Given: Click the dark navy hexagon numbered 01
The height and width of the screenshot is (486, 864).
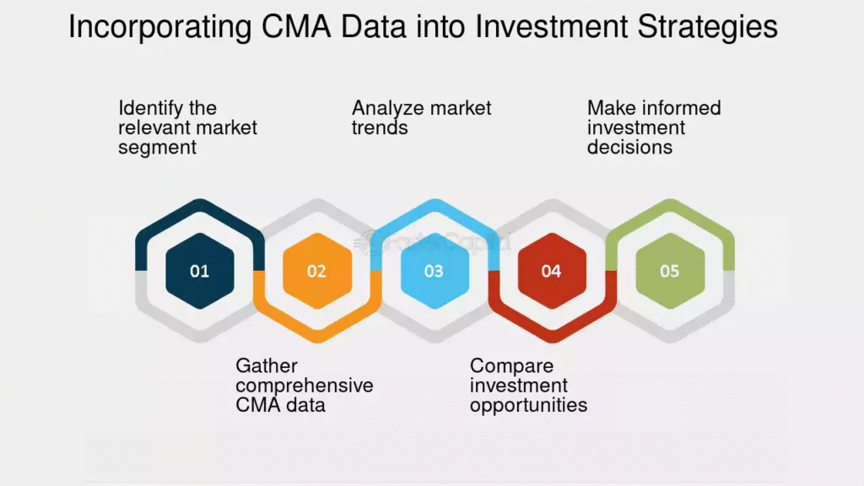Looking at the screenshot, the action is (x=199, y=271).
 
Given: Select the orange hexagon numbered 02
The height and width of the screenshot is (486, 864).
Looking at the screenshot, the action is (x=317, y=271).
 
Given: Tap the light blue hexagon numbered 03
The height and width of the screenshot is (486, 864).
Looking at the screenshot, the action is (x=435, y=271).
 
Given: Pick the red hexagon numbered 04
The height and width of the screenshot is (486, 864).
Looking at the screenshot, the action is (x=552, y=271).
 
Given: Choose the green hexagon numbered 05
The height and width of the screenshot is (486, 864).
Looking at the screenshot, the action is (x=670, y=271).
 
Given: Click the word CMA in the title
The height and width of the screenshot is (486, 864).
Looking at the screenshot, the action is (x=296, y=26).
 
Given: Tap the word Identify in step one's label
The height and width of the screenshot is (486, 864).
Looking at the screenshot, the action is (x=145, y=109).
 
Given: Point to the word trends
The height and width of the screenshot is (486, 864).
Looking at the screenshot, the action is (x=380, y=128).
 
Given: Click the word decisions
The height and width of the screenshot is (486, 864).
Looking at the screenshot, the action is (x=629, y=148).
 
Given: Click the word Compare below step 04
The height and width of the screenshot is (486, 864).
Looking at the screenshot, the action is (x=512, y=366).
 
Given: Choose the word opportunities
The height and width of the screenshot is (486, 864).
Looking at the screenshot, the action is (x=529, y=406).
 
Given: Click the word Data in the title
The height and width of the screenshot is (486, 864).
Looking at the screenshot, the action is (x=374, y=26).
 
